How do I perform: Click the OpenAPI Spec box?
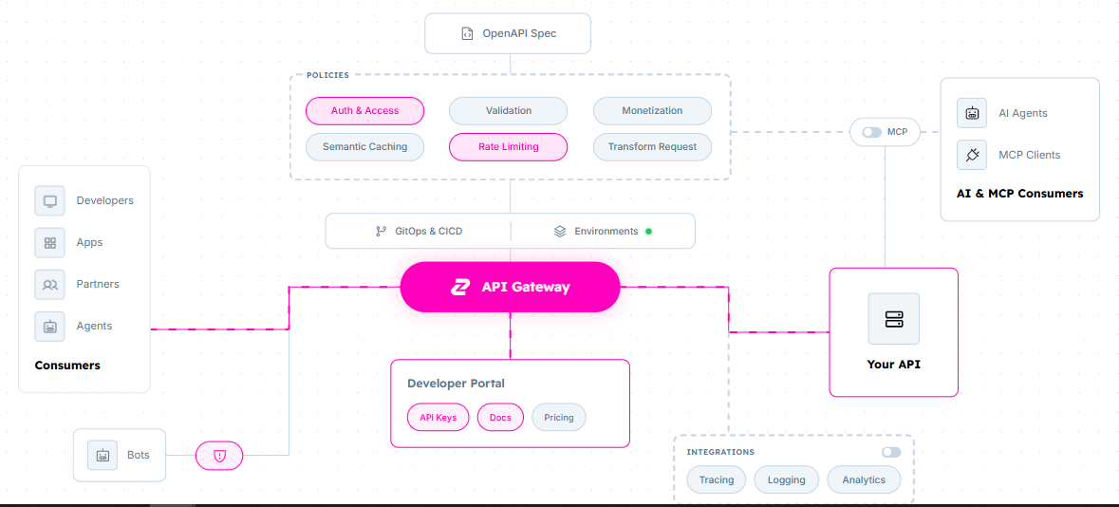[x=508, y=33]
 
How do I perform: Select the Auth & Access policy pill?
[x=364, y=111]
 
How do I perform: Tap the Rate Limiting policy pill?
[x=508, y=147]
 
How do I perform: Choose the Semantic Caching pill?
[x=364, y=147]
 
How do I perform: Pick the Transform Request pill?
[x=652, y=147]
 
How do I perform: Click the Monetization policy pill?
[x=652, y=111]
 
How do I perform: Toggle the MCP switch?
[x=871, y=132]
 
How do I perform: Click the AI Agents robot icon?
[x=971, y=113]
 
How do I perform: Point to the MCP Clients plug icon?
[x=971, y=155]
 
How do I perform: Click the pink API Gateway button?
[x=511, y=287]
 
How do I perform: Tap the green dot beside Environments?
[x=648, y=232]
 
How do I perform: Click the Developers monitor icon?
[x=50, y=200]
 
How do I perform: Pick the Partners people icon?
[x=50, y=284]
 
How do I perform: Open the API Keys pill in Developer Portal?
[x=438, y=418]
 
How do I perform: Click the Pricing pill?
[x=559, y=418]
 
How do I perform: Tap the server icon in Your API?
[x=893, y=319]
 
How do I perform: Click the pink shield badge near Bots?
[x=220, y=456]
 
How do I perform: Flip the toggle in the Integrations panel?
[x=891, y=452]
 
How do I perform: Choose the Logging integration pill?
[x=787, y=479]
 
